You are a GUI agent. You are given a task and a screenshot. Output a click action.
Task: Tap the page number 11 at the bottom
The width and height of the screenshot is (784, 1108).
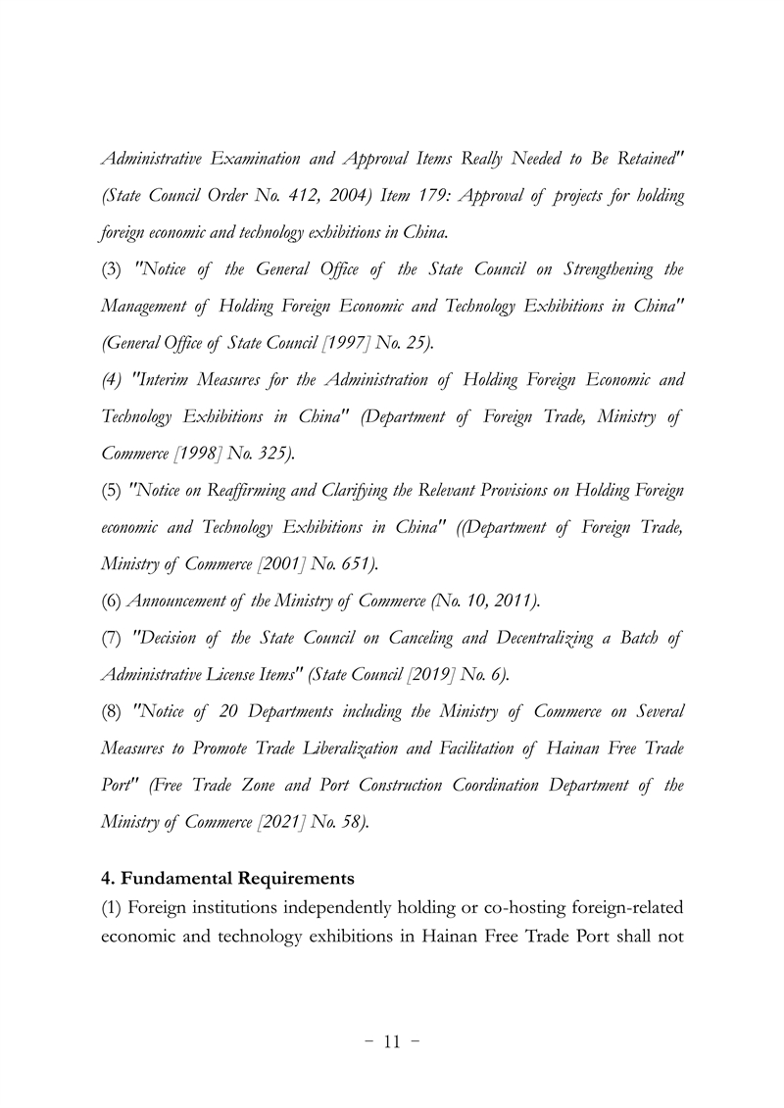point(392,1042)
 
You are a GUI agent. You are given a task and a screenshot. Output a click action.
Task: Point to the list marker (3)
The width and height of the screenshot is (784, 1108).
point(111,268)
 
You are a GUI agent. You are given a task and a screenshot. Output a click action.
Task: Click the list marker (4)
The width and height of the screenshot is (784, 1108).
point(111,379)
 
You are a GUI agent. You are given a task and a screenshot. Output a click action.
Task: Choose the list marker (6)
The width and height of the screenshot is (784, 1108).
point(111,601)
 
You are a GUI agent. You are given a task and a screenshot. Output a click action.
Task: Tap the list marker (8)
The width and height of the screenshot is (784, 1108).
point(111,711)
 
